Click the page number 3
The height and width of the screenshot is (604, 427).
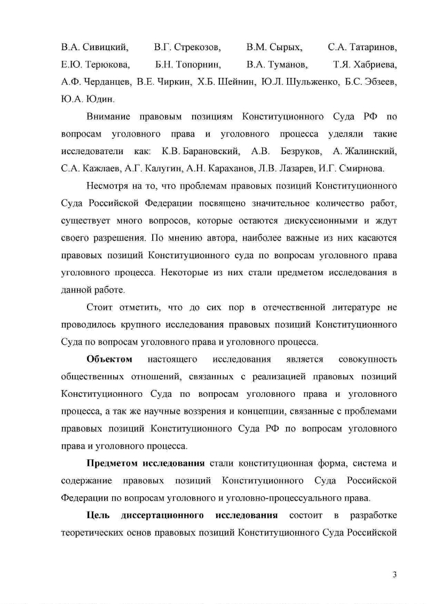394,574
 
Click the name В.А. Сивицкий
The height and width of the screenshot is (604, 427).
94,47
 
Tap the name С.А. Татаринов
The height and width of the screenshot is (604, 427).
362,47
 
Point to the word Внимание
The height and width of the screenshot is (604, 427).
109,117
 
